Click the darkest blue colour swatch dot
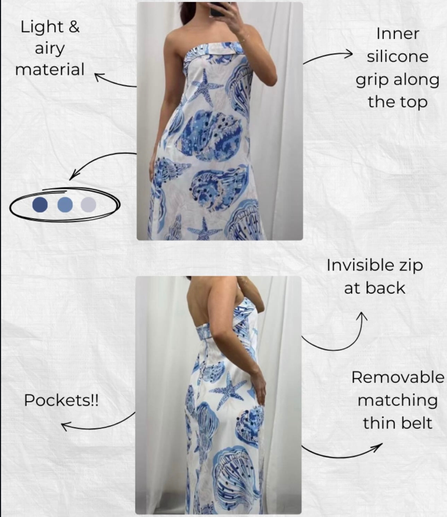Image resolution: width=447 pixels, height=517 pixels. (x=40, y=205)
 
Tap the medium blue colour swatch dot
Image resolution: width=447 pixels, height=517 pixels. (x=65, y=205)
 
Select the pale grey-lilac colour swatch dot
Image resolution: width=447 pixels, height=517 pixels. (x=88, y=205)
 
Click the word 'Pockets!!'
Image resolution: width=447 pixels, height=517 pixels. (x=61, y=401)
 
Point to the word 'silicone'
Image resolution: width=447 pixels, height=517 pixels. (x=397, y=56)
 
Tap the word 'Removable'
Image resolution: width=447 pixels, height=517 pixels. (x=397, y=377)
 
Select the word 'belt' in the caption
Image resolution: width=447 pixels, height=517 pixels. (x=415, y=423)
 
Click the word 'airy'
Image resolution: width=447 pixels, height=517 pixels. (x=50, y=49)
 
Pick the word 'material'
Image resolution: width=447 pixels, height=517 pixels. (x=50, y=69)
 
